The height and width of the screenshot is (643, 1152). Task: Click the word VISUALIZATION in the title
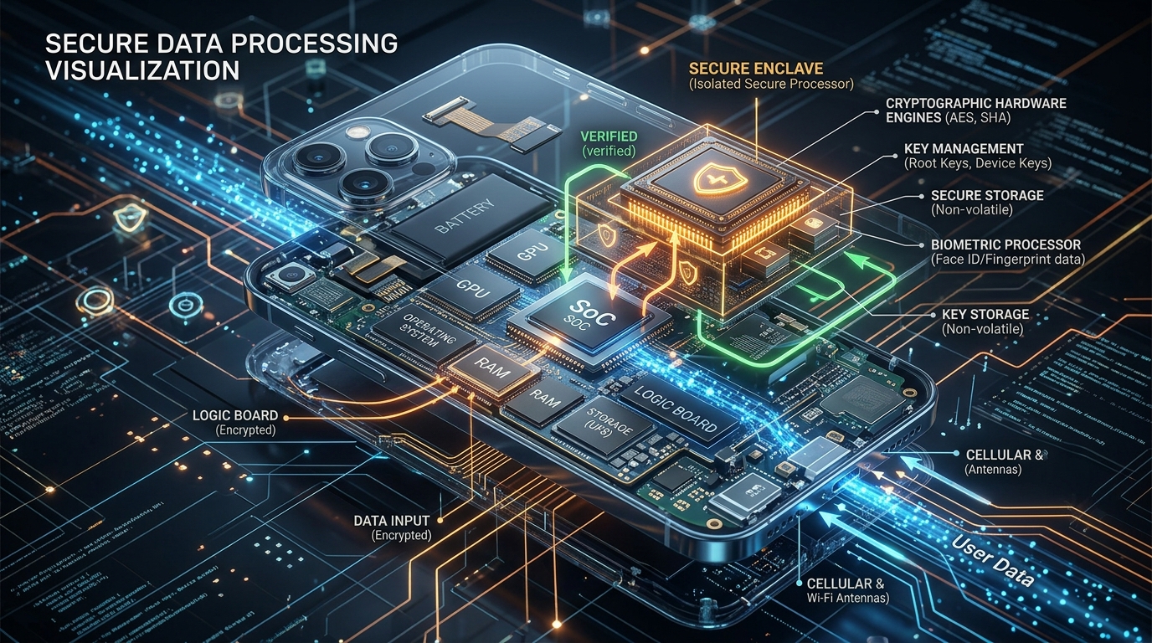pos(143,69)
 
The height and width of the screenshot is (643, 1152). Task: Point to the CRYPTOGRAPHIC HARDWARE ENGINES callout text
pos(975,110)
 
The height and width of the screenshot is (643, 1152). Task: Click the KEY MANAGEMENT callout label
pos(964,148)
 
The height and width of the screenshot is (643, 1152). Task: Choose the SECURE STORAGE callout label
pos(987,195)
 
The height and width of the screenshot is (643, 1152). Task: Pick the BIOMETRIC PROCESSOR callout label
pos(1005,244)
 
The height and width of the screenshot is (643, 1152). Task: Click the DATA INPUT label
pos(393,521)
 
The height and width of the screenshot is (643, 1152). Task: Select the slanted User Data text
pos(992,561)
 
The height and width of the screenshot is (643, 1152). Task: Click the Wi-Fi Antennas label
pos(846,598)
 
